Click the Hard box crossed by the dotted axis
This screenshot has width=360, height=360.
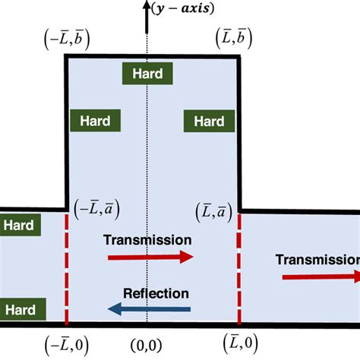[147, 73]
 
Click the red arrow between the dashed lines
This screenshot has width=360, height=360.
[150, 257]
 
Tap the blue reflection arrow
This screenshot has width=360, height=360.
[149, 308]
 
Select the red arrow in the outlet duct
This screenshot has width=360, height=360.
[320, 276]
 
